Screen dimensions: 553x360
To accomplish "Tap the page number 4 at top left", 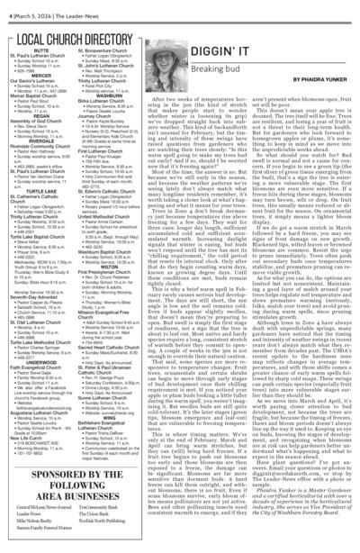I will tap(7, 9).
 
